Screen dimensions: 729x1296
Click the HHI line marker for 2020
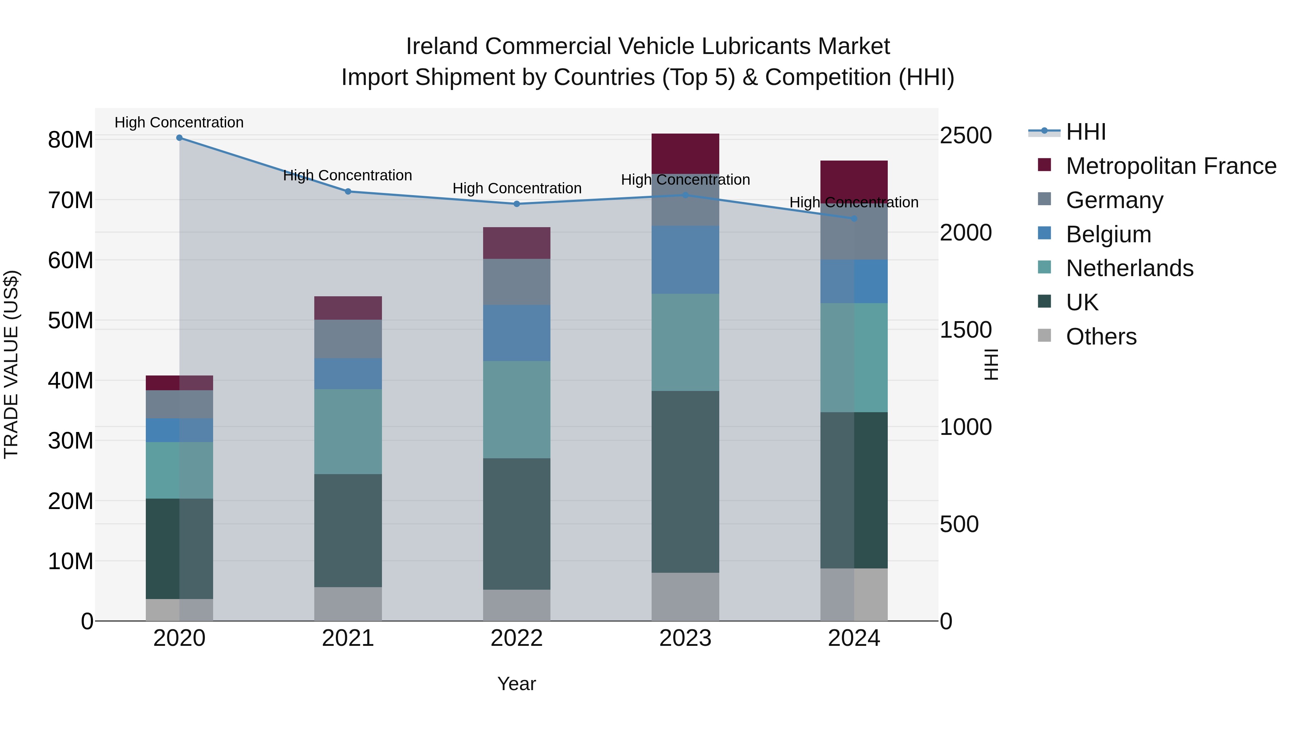point(179,138)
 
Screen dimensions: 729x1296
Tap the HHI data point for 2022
point(516,204)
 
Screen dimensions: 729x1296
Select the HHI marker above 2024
point(854,219)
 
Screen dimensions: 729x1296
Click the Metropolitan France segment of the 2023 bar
point(685,153)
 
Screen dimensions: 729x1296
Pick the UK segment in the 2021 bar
point(348,530)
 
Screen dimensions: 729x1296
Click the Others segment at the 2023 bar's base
point(685,596)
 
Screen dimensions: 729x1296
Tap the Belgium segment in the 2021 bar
point(348,373)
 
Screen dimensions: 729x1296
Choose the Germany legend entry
point(1114,200)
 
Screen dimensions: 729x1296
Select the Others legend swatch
point(1044,336)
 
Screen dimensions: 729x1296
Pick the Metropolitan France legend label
point(1171,166)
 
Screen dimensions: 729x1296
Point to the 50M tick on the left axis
point(71,320)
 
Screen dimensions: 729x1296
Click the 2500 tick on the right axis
point(966,136)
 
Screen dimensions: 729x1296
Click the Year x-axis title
point(516,684)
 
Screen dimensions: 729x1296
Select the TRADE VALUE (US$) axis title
point(11,364)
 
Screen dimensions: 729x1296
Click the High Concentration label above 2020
point(179,122)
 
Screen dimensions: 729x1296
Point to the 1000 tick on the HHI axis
point(966,427)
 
